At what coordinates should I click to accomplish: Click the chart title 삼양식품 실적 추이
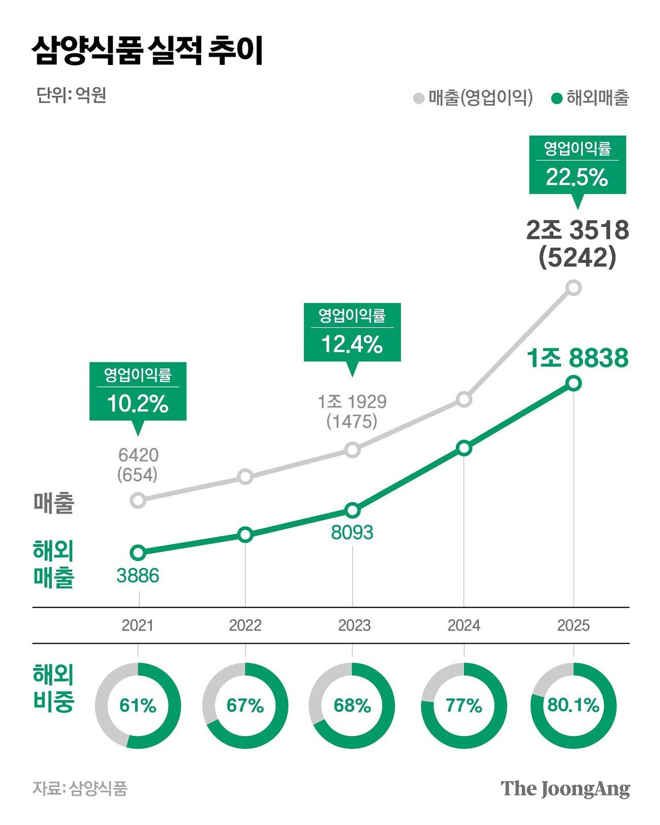[148, 51]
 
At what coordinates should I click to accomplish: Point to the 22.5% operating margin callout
[577, 165]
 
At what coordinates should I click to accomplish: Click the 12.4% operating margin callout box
[352, 333]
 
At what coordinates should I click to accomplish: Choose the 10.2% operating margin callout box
[138, 392]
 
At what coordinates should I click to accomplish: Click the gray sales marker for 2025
[573, 287]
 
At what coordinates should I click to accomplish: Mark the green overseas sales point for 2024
[464, 448]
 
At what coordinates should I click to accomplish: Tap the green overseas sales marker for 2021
[138, 553]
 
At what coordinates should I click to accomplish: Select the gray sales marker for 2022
[245, 476]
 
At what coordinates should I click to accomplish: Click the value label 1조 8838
[577, 358]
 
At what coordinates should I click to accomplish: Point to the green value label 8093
[352, 532]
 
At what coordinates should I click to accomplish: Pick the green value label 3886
[138, 576]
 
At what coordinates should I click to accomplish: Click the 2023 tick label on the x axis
[354, 625]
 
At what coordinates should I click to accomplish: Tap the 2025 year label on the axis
[573, 625]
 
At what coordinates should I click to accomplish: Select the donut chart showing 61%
[138, 705]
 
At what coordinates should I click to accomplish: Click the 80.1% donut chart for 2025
[573, 705]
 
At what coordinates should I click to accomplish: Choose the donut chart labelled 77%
[464, 705]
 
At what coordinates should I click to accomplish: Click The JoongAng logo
[565, 788]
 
